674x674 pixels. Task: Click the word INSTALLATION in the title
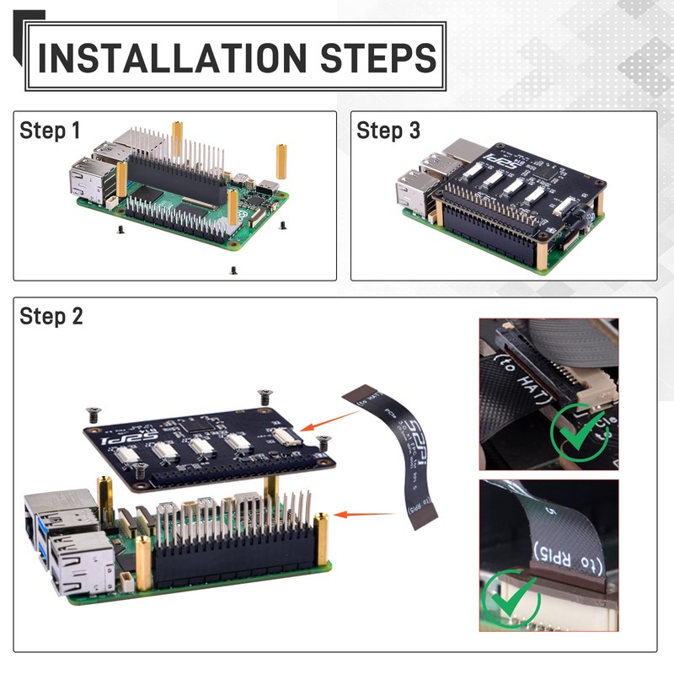tap(168, 57)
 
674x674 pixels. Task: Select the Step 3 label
tap(388, 131)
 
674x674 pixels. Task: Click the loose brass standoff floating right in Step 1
tap(281, 161)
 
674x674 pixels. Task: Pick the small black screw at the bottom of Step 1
tap(232, 270)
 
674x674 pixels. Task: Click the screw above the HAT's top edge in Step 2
tap(265, 394)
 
